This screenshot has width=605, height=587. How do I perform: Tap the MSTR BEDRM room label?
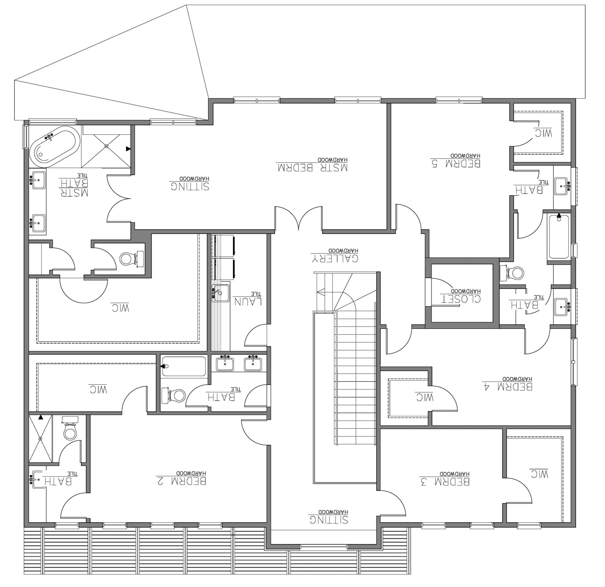pyautogui.click(x=312, y=168)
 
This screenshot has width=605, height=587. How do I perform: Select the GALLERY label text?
pyautogui.click(x=334, y=258)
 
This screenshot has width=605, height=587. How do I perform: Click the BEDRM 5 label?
pyautogui.click(x=455, y=163)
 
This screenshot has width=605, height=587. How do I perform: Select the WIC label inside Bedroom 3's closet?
pyautogui.click(x=539, y=474)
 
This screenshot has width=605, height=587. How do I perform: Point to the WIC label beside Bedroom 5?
pyautogui.click(x=544, y=133)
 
